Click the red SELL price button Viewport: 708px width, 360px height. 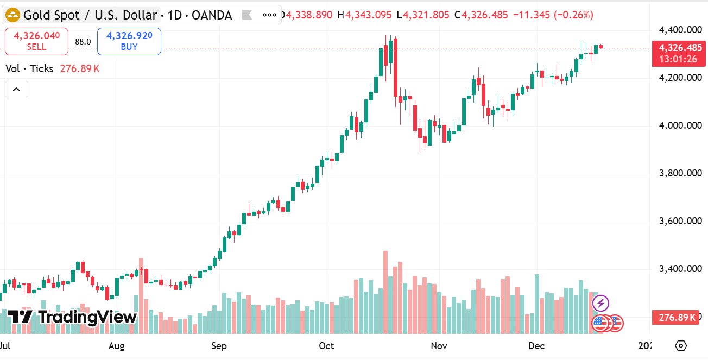36,41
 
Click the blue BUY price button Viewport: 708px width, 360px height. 129,41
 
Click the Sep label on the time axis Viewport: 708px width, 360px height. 219,346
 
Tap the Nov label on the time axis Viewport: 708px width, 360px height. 438,346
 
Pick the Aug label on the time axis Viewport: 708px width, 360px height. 117,346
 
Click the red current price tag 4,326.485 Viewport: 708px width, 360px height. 680,48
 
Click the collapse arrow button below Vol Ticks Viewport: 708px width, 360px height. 16,89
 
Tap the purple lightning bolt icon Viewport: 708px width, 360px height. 600,303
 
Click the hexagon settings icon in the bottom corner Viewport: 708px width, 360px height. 681,346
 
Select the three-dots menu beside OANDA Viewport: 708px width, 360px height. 269,15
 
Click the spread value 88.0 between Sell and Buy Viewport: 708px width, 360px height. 83,42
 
